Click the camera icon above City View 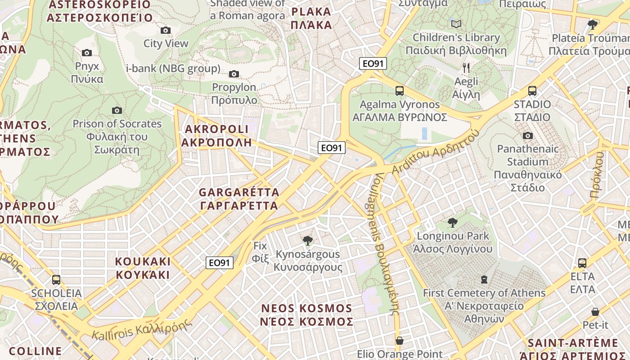tap(166, 31)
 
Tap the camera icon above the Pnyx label tap(87, 53)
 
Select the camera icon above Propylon tap(234, 74)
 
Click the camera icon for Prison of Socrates tap(117, 110)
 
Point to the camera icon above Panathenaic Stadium tap(528, 135)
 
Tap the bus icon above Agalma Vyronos tap(399, 91)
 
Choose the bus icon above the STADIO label tap(532, 91)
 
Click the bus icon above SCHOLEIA tap(56, 279)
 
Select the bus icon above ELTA tap(582, 263)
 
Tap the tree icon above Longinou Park tap(453, 222)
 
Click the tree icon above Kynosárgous tap(308, 241)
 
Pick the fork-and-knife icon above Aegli tap(466, 68)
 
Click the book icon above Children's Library tap(456, 24)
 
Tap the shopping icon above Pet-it tap(595, 311)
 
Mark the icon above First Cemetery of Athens tap(484, 279)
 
